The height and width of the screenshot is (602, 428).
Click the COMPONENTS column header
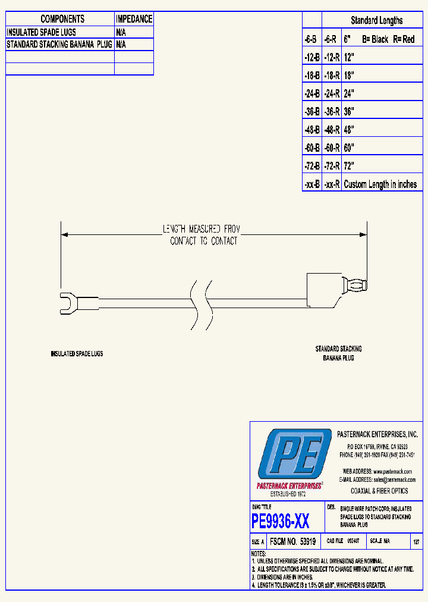point(62,19)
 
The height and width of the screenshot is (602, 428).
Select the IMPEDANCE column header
point(134,19)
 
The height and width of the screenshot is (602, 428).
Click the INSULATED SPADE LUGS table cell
point(42,32)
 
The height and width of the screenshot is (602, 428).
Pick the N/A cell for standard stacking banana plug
point(121,44)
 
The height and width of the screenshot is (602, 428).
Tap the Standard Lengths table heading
point(376,20)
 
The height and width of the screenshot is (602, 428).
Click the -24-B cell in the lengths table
point(312,93)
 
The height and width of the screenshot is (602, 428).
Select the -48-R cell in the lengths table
point(332,130)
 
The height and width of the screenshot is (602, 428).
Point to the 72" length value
point(350,166)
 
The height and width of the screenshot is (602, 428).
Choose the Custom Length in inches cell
point(380,184)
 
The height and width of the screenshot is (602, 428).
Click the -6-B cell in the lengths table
point(311,39)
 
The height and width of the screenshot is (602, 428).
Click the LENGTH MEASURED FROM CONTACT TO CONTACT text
point(203,235)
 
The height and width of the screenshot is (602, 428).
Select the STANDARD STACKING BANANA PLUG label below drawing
point(338,353)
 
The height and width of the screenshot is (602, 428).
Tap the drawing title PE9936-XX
point(281,522)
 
